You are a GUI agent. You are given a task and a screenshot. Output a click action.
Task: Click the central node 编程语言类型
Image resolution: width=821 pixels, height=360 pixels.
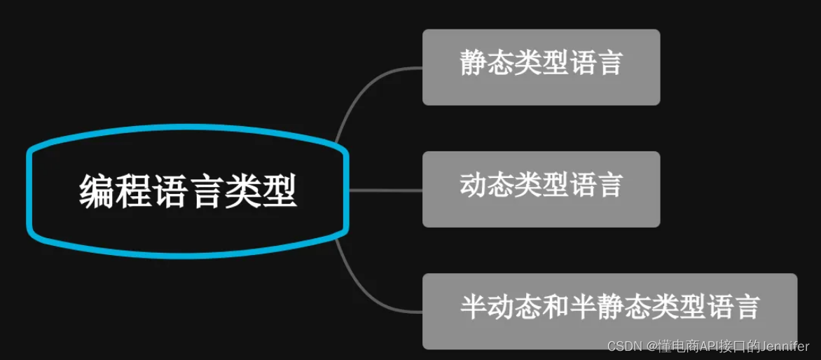[x=188, y=191]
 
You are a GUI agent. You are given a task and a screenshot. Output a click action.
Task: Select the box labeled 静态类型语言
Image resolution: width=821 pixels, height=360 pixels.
[x=541, y=67]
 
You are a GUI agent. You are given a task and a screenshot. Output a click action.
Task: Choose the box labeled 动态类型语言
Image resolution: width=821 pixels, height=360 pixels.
[x=541, y=188]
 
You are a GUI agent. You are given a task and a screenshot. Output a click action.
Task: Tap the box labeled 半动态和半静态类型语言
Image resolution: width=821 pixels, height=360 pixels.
[x=609, y=310]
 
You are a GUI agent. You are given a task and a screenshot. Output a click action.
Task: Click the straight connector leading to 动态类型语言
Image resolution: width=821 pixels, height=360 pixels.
[x=385, y=190]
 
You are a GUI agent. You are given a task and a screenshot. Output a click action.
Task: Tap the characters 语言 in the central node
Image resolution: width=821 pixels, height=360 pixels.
[x=188, y=191]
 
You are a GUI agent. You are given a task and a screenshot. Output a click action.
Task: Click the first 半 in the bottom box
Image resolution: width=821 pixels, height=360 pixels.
[x=473, y=307]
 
